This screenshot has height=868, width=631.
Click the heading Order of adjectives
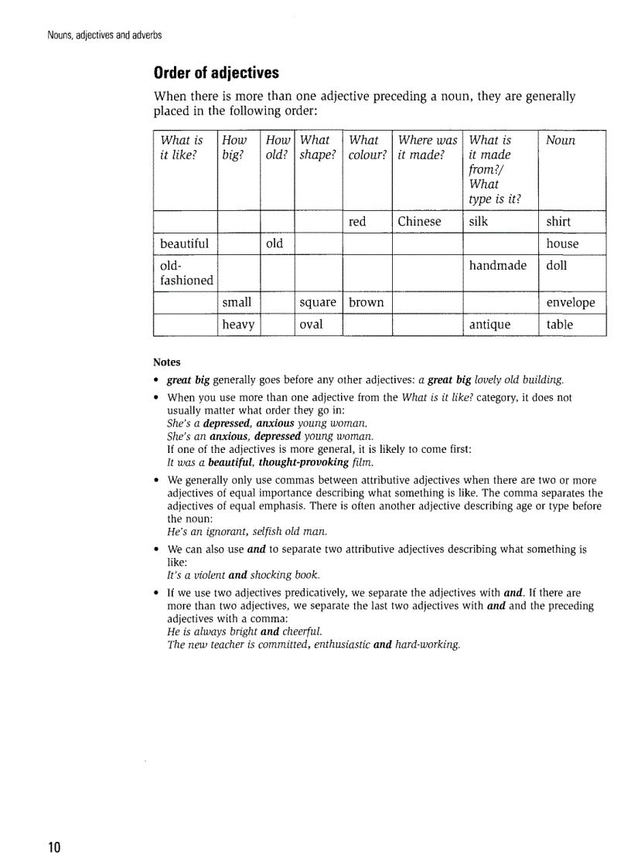pos(217,73)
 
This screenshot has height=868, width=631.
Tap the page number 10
pos(54,846)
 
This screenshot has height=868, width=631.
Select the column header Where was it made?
pos(427,148)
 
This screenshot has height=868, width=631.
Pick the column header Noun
pos(561,141)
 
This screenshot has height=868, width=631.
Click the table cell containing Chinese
pos(419,222)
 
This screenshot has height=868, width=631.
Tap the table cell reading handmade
pos(497,265)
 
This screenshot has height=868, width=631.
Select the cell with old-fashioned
pos(186,273)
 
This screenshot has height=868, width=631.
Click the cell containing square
pos(317,302)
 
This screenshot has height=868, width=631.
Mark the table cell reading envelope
pos(571,302)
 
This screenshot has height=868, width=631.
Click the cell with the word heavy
pos(238,325)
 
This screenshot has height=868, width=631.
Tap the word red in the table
pos(357,222)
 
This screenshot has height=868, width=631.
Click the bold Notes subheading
pos(167,362)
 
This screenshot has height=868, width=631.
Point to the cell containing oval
pos(311,325)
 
